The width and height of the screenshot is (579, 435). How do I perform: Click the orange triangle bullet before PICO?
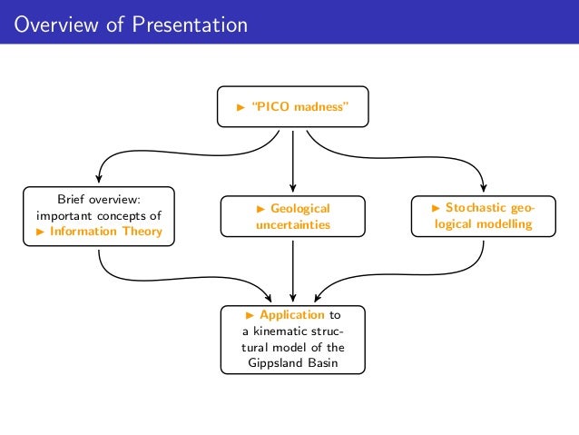241,107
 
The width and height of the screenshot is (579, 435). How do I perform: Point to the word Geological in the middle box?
300,208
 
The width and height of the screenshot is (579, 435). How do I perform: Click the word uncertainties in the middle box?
292,223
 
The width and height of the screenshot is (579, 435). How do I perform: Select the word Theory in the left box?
144,232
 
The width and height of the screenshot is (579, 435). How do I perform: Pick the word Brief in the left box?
74,200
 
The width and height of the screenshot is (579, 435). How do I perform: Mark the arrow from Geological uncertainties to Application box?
293,272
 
